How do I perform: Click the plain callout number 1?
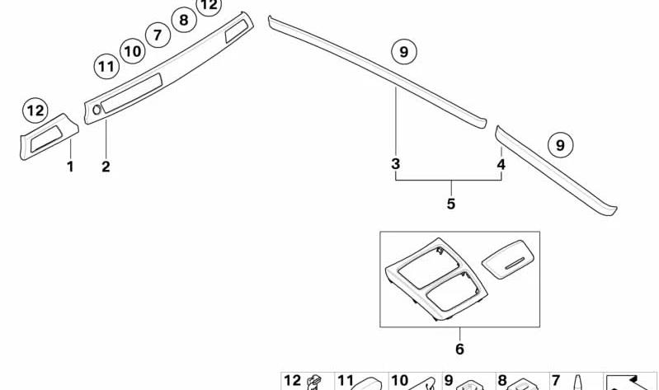click(x=70, y=167)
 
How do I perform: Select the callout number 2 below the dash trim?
click(x=106, y=167)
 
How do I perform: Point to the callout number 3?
click(x=395, y=163)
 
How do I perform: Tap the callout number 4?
click(x=501, y=164)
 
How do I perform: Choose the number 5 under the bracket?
click(x=451, y=204)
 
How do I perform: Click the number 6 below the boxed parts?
click(x=459, y=349)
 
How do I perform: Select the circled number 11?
click(x=106, y=67)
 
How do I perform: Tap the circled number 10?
click(x=133, y=51)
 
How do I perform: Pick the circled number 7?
click(x=158, y=35)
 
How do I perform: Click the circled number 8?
click(x=184, y=20)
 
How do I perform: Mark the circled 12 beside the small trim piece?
click(x=35, y=110)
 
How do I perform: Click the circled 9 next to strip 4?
click(x=561, y=145)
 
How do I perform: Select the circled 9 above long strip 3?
click(x=404, y=52)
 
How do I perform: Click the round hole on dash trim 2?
click(x=96, y=110)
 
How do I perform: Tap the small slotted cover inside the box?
click(x=508, y=260)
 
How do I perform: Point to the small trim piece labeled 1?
click(x=49, y=137)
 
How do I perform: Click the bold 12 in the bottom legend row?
click(x=293, y=381)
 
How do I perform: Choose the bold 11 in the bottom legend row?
click(x=346, y=381)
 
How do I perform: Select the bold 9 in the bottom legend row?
click(x=449, y=381)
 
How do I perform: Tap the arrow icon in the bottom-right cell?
click(x=629, y=382)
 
